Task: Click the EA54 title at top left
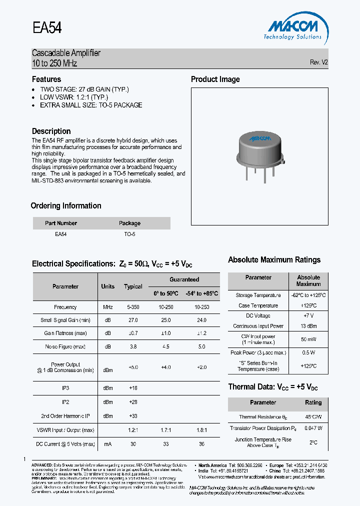pos(47,28)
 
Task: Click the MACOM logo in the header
pos(292,27)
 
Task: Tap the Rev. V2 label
pos(318,62)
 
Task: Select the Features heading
pos(46,79)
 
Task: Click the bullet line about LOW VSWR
pos(74,97)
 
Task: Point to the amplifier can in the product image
pos(259,148)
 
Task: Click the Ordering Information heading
pos(66,206)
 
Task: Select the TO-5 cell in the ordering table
pos(129,234)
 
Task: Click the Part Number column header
pos(61,223)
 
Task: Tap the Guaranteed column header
pos(184,279)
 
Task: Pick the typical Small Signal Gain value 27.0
pos(133,320)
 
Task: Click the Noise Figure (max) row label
pos(65,346)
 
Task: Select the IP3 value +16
pos(133,388)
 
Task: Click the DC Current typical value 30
pos(133,444)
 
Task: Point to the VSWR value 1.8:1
pos(202,430)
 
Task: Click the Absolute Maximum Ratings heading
pos(274,260)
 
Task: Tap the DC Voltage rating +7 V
pos(308,315)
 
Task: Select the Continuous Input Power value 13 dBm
pos(308,326)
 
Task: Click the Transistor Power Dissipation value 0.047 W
pos(313,428)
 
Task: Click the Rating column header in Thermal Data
pos(313,402)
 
